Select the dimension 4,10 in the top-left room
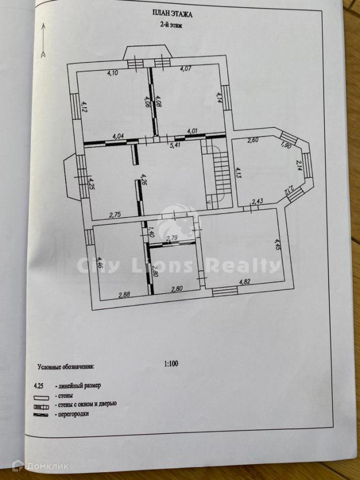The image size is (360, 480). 112,74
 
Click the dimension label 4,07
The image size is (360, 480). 186,69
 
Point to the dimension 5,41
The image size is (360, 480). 174,145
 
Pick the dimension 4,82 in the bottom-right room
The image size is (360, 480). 245,282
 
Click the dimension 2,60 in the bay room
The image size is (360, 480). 253,141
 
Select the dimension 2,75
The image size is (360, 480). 115,214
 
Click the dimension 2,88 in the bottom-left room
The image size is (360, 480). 124,293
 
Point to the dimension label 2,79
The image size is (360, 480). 172,238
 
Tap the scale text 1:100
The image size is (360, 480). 171,364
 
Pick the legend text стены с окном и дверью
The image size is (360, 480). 85,404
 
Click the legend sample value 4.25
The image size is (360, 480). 39,385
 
